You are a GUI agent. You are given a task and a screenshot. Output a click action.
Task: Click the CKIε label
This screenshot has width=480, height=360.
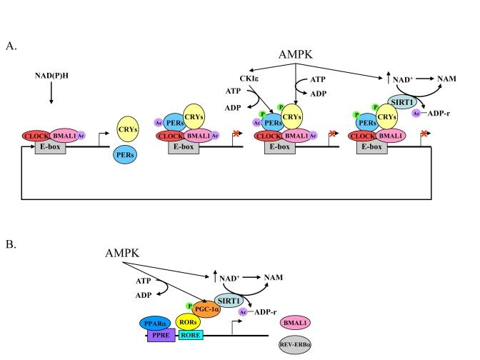pyautogui.click(x=249, y=79)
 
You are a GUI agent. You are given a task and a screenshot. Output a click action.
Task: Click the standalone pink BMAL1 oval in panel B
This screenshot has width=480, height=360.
pyautogui.click(x=296, y=323)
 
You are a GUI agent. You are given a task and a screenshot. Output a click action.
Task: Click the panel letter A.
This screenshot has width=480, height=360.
pyautogui.click(x=11, y=47)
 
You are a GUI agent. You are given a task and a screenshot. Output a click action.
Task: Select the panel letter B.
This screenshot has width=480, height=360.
pyautogui.click(x=11, y=244)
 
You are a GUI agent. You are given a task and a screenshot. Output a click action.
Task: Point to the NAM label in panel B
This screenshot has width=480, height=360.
pyautogui.click(x=276, y=276)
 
